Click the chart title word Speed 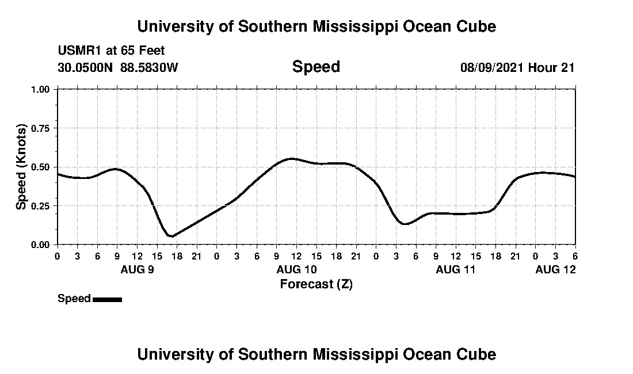(x=316, y=67)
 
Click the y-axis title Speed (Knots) (x=21, y=167)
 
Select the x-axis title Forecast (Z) (x=316, y=284)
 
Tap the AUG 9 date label (x=136, y=269)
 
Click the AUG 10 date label (x=296, y=269)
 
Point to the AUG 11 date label (x=456, y=269)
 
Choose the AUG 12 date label (x=555, y=269)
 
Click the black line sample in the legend (x=107, y=299)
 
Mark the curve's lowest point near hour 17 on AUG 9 (x=171, y=236)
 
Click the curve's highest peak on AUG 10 (x=292, y=158)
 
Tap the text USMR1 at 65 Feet (x=111, y=51)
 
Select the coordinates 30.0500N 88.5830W (x=118, y=67)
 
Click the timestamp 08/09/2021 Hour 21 (x=517, y=67)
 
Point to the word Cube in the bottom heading (x=477, y=354)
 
